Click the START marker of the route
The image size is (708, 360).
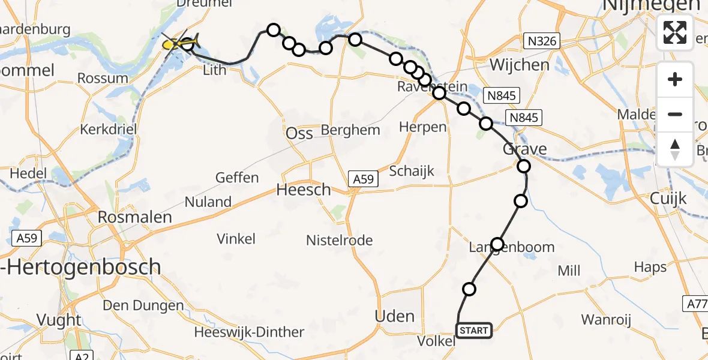[x=474, y=330]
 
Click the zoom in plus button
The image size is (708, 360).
[x=675, y=80]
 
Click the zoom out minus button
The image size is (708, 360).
[x=675, y=114]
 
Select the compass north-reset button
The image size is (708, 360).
[x=675, y=149]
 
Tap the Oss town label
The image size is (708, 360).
[x=299, y=133]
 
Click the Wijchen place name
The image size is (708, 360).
[x=520, y=65]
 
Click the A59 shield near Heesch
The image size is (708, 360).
[x=364, y=178]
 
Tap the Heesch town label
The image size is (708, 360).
[x=304, y=190]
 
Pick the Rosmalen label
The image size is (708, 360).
[x=134, y=217]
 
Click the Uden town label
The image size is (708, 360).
[x=394, y=316]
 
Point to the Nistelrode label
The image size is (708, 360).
[x=340, y=241]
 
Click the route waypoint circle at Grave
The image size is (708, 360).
[x=524, y=166]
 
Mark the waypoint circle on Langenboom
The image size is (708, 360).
[x=497, y=244]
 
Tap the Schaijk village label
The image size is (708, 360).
[x=412, y=171]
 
